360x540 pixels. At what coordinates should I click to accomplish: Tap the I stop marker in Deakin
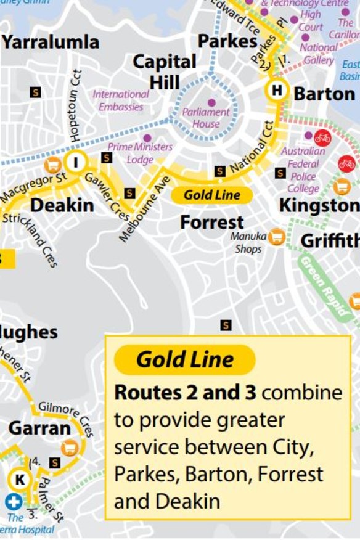[x=76, y=162]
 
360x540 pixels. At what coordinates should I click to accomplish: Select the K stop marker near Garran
[x=19, y=479]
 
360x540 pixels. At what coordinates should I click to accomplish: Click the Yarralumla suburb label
[x=51, y=42]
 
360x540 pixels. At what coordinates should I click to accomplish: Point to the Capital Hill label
[x=165, y=72]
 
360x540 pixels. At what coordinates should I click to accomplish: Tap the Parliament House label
[x=206, y=118]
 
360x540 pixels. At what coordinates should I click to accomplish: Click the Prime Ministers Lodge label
[x=140, y=153]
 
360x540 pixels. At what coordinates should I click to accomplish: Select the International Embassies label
[x=121, y=100]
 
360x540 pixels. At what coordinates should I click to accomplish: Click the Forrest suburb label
[x=212, y=222]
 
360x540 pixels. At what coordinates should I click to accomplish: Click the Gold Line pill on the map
[x=211, y=196]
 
